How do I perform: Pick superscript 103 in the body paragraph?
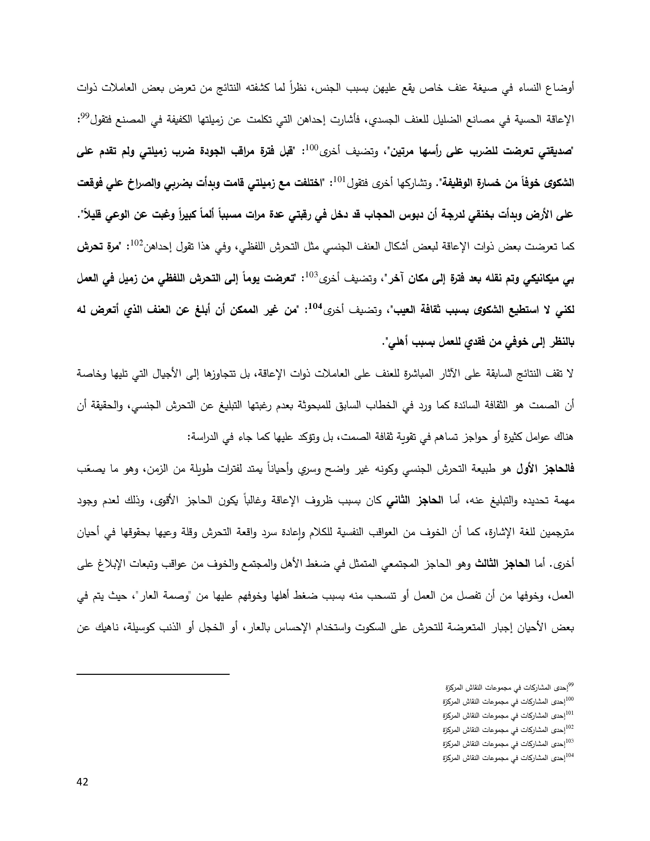pyautogui.click(x=311, y=274)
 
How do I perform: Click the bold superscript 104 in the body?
pyautogui.click(x=315, y=306)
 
